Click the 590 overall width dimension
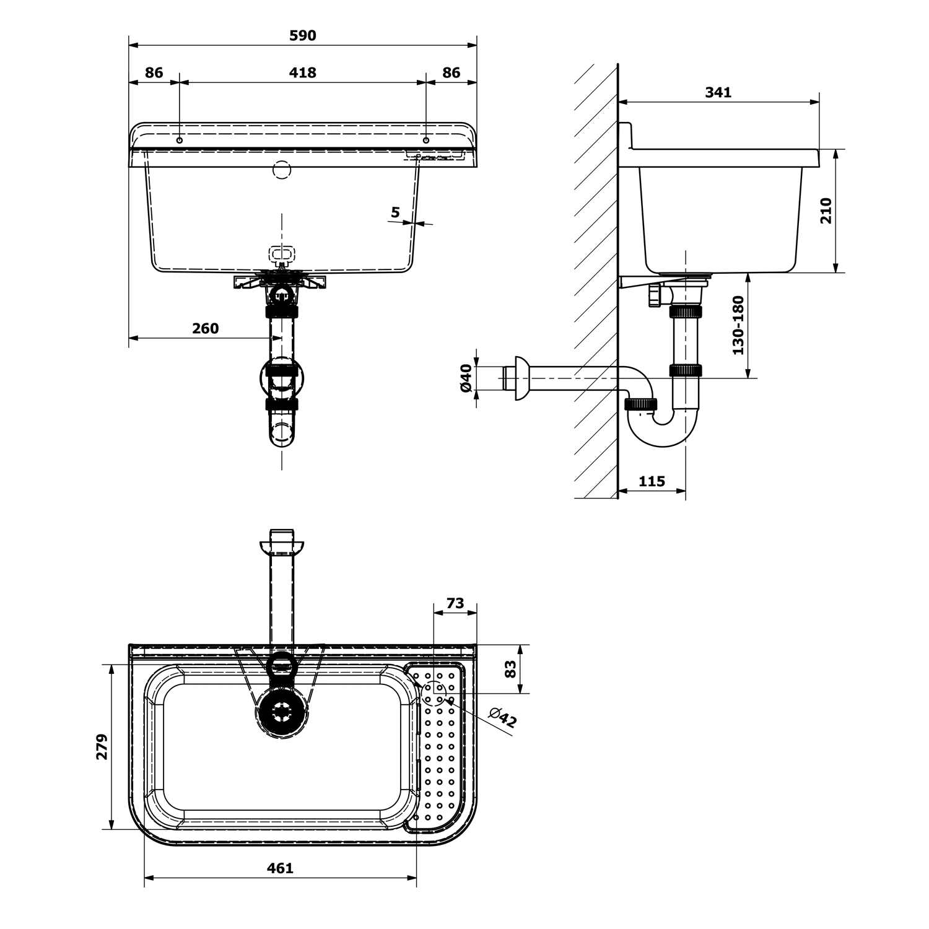click(x=302, y=36)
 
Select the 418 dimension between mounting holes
click(x=302, y=73)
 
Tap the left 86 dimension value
click(x=154, y=73)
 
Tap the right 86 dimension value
click(x=451, y=73)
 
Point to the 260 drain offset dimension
click(x=205, y=328)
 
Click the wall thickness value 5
click(x=395, y=213)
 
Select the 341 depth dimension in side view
click(x=718, y=92)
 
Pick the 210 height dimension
click(x=826, y=211)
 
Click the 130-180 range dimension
click(x=738, y=325)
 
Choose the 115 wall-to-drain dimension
click(x=652, y=481)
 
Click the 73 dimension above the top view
click(x=455, y=603)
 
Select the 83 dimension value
click(x=510, y=669)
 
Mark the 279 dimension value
click(x=102, y=746)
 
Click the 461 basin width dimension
click(x=280, y=868)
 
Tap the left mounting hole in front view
click(x=180, y=141)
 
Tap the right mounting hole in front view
click(x=425, y=141)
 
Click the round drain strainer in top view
click(x=281, y=712)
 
